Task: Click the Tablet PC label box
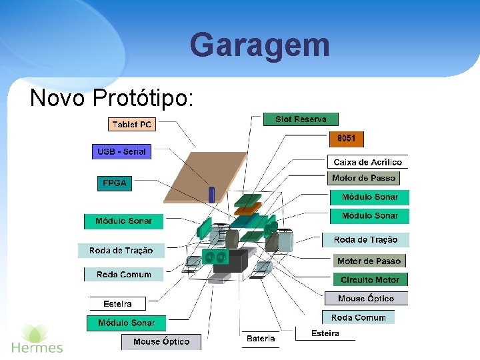(x=131, y=125)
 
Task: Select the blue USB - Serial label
(x=121, y=152)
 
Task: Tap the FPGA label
(x=115, y=183)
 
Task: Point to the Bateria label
(x=260, y=339)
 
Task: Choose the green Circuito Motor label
(x=370, y=280)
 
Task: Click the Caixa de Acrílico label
(x=367, y=162)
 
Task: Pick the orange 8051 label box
(x=346, y=139)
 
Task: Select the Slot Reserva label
(x=301, y=119)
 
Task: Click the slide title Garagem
(x=259, y=45)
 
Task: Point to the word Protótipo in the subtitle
(x=143, y=98)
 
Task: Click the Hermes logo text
(x=37, y=347)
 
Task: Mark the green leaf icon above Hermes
(x=35, y=332)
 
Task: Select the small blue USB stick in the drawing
(x=212, y=194)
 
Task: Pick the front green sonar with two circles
(x=215, y=256)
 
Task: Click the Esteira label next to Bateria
(x=325, y=333)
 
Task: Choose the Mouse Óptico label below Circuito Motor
(x=366, y=299)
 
